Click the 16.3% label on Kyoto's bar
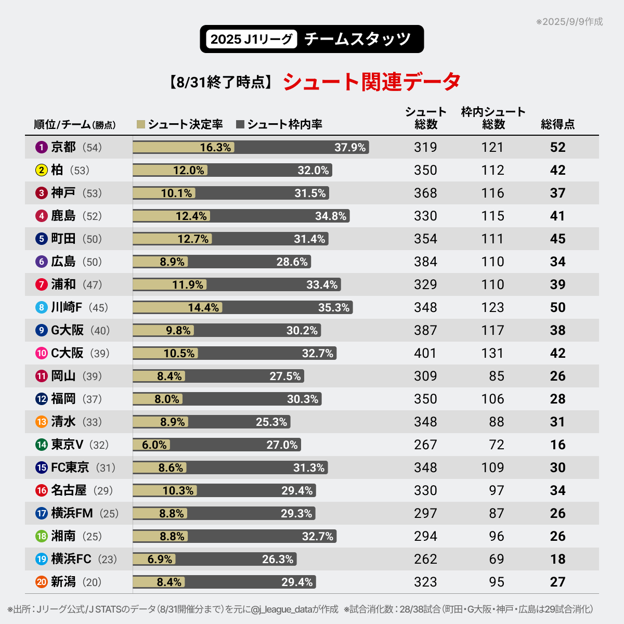tap(215, 147)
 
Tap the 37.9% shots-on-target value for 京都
tap(350, 147)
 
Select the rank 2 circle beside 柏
tap(42, 170)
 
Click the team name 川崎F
tap(67, 307)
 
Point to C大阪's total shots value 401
tap(425, 353)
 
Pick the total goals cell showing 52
tap(557, 147)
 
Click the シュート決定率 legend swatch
tap(140, 124)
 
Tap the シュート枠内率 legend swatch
tap(240, 124)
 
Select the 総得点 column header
tap(557, 124)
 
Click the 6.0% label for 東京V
tap(154, 445)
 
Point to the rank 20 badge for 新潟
tap(42, 582)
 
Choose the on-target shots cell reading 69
tap(496, 559)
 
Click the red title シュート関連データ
tap(372, 82)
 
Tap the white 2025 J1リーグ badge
tap(251, 39)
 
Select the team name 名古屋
tap(69, 490)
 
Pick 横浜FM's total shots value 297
tap(425, 513)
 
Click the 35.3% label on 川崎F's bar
tap(334, 307)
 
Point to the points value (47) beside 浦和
tap(92, 284)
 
